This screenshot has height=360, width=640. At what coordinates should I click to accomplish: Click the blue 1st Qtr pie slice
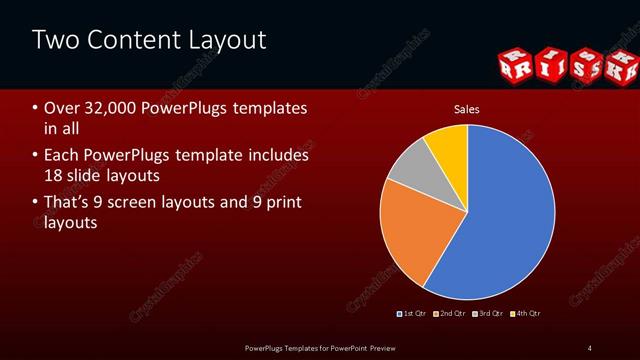tap(500, 220)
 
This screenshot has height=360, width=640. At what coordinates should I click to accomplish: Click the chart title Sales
tap(466, 107)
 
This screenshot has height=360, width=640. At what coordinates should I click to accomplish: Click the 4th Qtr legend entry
tap(527, 314)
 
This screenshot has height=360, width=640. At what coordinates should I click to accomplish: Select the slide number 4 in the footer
tap(589, 348)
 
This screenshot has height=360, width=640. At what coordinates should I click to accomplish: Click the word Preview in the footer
tap(377, 348)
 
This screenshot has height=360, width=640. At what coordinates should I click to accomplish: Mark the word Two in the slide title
tap(52, 40)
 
